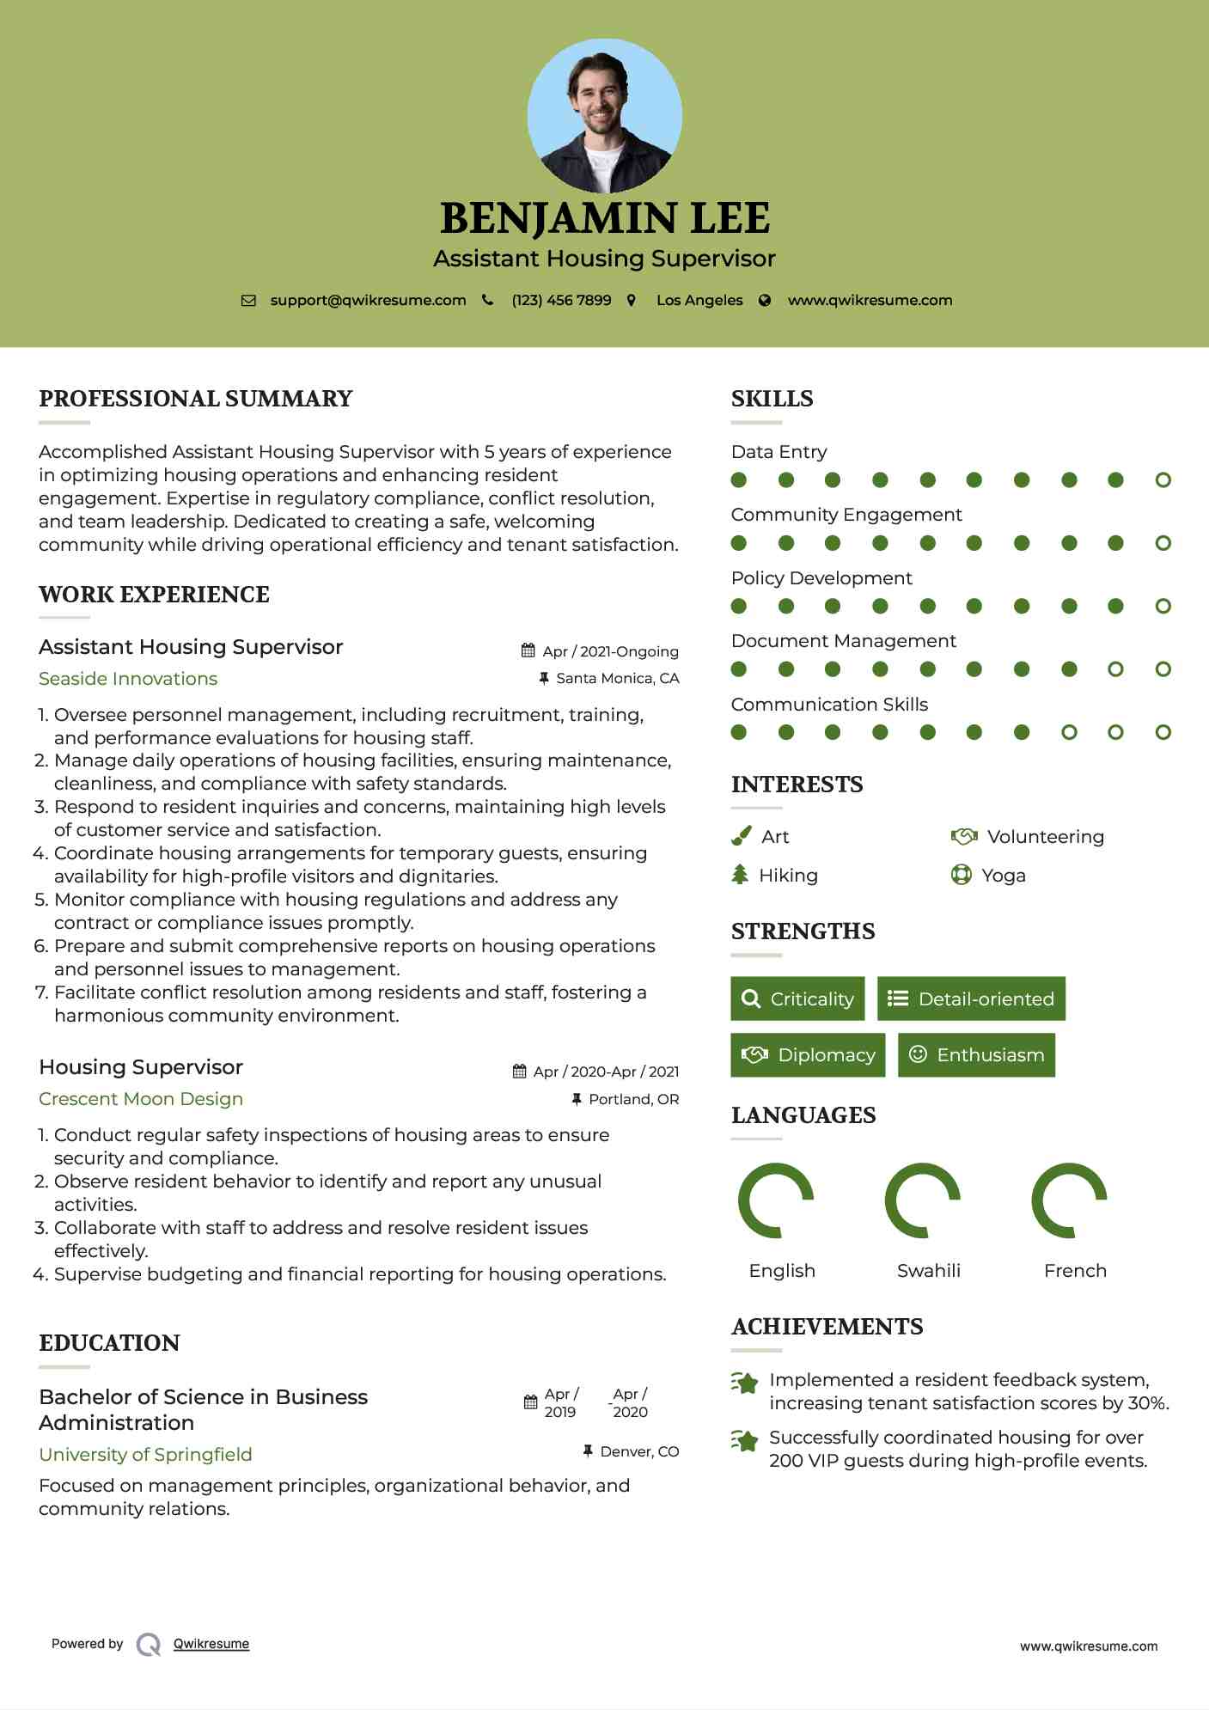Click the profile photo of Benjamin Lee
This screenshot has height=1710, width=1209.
[x=604, y=115]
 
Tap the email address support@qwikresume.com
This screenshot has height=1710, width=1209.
[x=368, y=300]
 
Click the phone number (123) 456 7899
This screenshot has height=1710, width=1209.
[x=561, y=300]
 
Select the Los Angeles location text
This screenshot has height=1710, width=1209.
[x=699, y=300]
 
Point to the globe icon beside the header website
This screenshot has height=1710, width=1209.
[x=765, y=300]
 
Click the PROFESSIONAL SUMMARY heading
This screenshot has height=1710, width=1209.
[x=196, y=399]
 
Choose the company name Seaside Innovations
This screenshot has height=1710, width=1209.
[x=128, y=679]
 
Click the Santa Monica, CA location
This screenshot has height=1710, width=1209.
[x=617, y=678]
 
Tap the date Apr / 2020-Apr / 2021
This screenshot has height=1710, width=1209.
[x=605, y=1072]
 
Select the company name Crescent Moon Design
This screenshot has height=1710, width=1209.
[x=141, y=1099]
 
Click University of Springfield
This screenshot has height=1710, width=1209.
[x=145, y=1455]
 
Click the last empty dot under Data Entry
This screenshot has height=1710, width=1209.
[x=1163, y=480]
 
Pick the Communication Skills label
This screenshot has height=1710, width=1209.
[x=829, y=705]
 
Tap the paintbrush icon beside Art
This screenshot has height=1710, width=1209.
[x=741, y=836]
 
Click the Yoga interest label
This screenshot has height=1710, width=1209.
[x=1003, y=876]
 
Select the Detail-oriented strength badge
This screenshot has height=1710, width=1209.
[x=971, y=999]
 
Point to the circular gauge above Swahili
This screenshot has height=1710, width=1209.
[x=923, y=1200]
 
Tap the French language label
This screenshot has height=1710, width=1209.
[x=1074, y=1271]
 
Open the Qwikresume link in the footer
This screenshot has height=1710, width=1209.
[x=211, y=1644]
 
